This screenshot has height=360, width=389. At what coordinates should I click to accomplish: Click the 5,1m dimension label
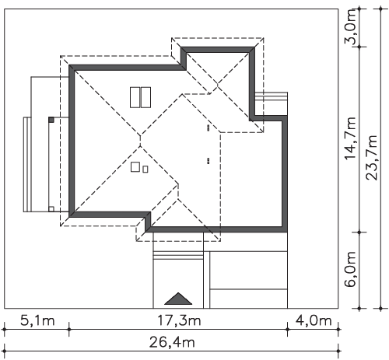point(37,321)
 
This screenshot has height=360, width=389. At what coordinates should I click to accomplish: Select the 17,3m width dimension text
point(179,321)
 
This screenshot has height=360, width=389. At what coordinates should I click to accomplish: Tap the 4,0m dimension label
point(314,321)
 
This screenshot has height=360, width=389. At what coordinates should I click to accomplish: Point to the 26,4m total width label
point(172,342)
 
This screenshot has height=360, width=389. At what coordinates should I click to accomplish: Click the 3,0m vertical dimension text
point(351,27)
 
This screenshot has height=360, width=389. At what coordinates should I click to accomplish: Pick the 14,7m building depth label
point(351,138)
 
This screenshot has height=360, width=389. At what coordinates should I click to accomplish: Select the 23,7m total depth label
point(371,157)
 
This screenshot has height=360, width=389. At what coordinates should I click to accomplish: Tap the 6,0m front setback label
point(351,269)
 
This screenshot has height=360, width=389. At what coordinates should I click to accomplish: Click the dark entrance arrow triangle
point(178,299)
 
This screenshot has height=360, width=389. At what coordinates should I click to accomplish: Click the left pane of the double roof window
point(135,97)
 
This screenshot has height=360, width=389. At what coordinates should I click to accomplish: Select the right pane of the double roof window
point(145,97)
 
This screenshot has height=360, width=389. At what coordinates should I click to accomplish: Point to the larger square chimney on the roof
point(135,167)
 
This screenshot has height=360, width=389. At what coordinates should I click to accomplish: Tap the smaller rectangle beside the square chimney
point(145,170)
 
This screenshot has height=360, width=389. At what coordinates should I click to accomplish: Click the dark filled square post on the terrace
point(51,120)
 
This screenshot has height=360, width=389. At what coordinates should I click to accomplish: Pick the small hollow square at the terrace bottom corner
point(51,209)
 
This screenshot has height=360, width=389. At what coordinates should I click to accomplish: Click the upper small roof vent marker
point(208,128)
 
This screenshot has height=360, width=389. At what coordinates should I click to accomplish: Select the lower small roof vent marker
point(208,161)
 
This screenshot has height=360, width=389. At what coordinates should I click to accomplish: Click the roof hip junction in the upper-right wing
point(218,85)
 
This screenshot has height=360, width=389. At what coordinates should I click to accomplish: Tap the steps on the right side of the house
point(271,103)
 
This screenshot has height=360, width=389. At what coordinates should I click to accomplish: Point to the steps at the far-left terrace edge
point(27,165)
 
